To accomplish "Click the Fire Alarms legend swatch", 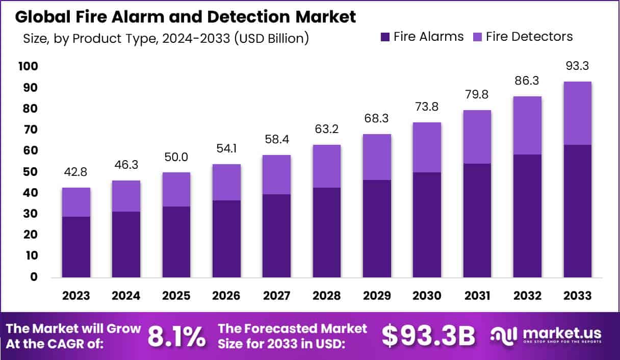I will (x=385, y=37).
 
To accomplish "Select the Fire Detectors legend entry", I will (x=522, y=37).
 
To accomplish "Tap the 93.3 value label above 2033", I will (x=577, y=66).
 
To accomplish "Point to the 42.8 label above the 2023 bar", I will (x=76, y=173).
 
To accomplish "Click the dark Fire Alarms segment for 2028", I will (x=327, y=232).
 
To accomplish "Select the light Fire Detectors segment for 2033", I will (x=577, y=113).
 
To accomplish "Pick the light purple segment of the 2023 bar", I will (x=76, y=202).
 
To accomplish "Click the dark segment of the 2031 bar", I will (x=477, y=220).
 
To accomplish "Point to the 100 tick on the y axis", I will (x=28, y=67).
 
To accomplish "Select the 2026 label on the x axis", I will (x=226, y=296).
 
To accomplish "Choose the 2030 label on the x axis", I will (x=427, y=296).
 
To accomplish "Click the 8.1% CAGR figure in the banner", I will (x=176, y=336).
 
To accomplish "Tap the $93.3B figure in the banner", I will (x=428, y=336).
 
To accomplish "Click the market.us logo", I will (x=546, y=335).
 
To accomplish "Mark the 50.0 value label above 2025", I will (x=176, y=158).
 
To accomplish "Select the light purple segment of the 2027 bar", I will (x=276, y=174).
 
